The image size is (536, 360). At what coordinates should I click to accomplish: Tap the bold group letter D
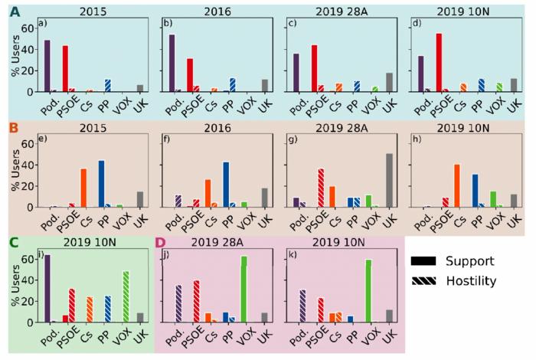[160, 244]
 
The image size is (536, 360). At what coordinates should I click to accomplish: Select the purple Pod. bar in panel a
[47, 66]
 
